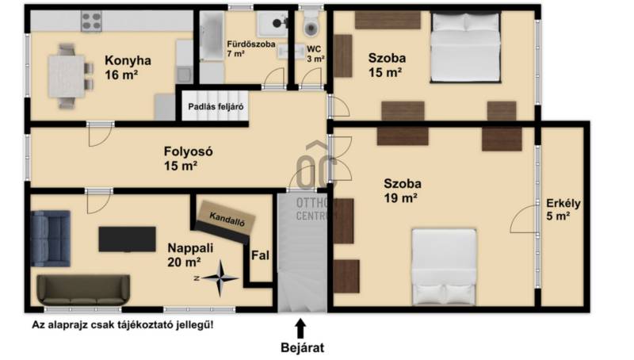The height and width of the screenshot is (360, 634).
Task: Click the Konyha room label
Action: (128, 61)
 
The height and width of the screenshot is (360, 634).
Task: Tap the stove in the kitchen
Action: (91, 21)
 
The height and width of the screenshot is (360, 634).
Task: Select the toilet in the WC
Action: (311, 25)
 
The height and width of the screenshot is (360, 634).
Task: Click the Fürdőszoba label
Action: (251, 44)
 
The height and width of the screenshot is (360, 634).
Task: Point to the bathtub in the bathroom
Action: (212, 36)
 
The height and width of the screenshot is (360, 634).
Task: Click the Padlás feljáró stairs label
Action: (216, 107)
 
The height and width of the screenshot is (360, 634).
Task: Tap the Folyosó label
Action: (188, 151)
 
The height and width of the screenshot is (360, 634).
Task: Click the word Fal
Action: (260, 255)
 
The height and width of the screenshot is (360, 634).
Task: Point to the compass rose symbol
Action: (220, 278)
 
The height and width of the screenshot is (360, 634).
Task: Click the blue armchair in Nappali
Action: (51, 238)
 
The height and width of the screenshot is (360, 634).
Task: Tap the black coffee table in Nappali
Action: (127, 239)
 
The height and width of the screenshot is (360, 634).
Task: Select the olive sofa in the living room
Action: (83, 290)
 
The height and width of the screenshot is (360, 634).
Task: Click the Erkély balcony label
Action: (563, 203)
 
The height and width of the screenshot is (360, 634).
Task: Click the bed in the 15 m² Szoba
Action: (465, 48)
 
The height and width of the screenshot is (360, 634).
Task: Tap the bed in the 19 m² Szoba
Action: (444, 266)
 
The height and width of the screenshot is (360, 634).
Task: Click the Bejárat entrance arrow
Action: (300, 328)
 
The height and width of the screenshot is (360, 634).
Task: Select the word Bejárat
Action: (303, 348)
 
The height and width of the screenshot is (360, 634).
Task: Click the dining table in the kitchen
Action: (67, 76)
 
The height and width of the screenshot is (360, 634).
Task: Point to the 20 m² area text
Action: (184, 262)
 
